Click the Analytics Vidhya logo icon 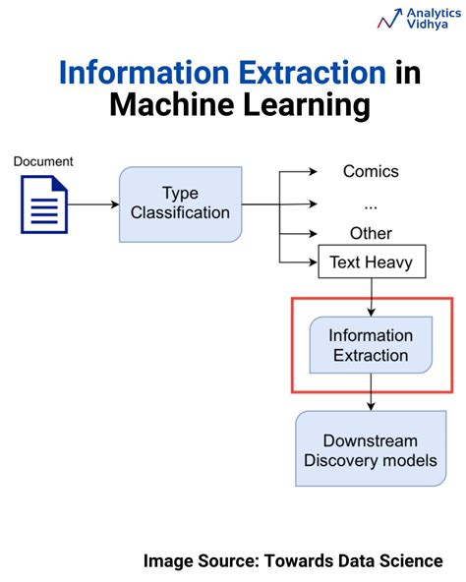pyautogui.click(x=389, y=19)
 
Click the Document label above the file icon pyautogui.click(x=43, y=160)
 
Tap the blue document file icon pyautogui.click(x=44, y=204)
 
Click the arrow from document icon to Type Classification pyautogui.click(x=94, y=204)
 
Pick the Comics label pyautogui.click(x=371, y=171)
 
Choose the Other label pyautogui.click(x=371, y=234)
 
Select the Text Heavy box pyautogui.click(x=371, y=263)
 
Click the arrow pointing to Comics pyautogui.click(x=300, y=172)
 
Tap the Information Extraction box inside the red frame pyautogui.click(x=371, y=345)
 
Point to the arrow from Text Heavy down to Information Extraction pyautogui.click(x=371, y=296)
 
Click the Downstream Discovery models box pyautogui.click(x=371, y=450)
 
